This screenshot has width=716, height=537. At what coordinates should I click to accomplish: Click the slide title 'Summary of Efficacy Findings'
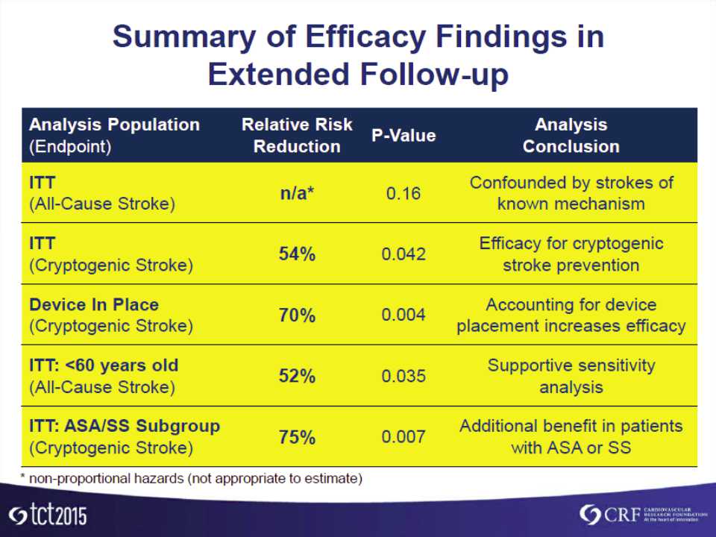tap(358, 37)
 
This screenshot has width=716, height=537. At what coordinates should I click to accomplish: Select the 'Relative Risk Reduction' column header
tap(297, 136)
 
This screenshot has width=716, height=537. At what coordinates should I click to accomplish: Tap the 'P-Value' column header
tap(403, 136)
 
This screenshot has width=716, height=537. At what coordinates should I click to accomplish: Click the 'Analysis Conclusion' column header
tap(571, 136)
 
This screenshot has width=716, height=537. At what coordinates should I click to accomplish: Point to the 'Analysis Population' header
tap(114, 125)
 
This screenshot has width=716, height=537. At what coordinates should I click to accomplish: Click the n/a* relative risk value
tap(297, 193)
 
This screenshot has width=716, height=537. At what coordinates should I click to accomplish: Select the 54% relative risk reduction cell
tap(297, 254)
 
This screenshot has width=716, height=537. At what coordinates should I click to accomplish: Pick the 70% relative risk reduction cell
tap(297, 315)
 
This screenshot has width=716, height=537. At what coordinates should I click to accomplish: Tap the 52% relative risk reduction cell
tap(297, 377)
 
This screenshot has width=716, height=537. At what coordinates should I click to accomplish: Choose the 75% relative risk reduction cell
tap(297, 438)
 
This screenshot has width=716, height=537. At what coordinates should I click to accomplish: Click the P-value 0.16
tap(403, 194)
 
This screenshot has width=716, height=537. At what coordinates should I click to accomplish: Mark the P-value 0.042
tap(403, 254)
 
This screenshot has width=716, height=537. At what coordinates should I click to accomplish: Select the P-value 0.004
tap(403, 315)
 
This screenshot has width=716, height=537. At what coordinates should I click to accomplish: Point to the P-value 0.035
tap(403, 377)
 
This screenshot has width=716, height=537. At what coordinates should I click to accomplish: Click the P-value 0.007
tap(403, 438)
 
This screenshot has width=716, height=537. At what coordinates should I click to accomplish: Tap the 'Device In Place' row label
tap(94, 305)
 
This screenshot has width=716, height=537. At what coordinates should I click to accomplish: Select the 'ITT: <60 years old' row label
tap(104, 366)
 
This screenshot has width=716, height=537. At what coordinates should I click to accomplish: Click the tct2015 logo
tap(48, 515)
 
